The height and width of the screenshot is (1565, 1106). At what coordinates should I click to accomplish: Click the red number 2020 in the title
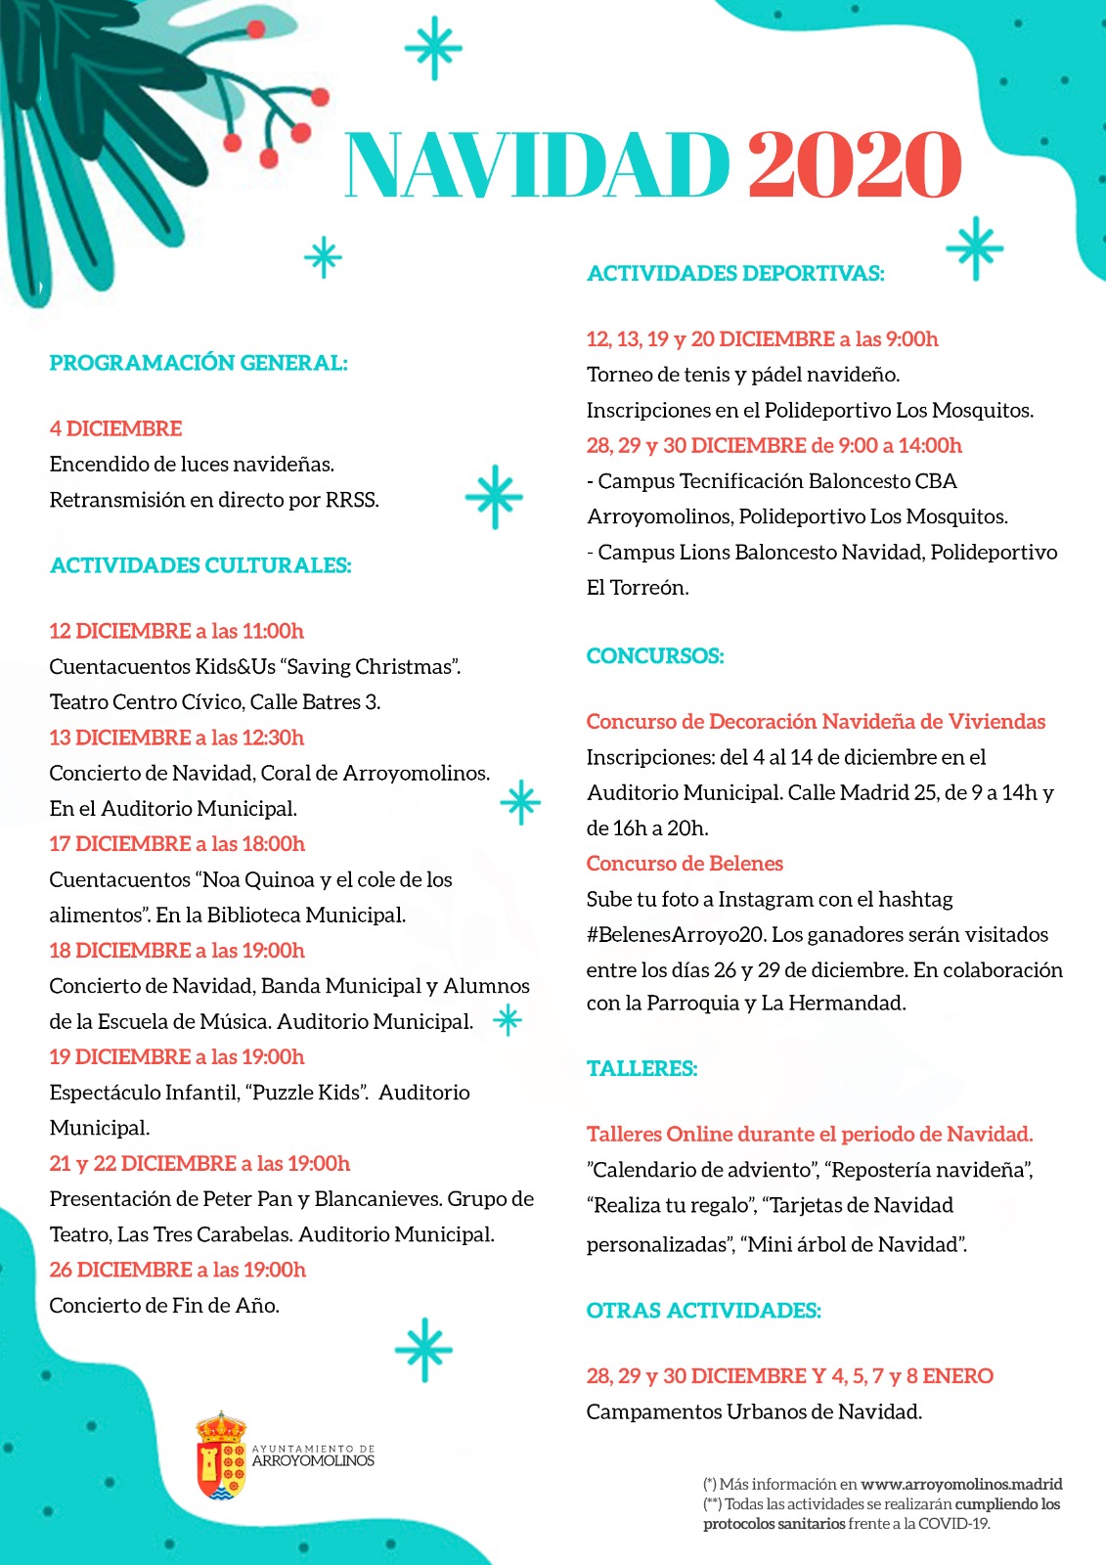point(855,163)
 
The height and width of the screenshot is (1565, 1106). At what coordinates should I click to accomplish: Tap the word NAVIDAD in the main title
point(537,165)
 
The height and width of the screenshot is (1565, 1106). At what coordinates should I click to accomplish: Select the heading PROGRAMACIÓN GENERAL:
point(199,363)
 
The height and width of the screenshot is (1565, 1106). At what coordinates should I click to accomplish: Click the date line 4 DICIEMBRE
point(115,428)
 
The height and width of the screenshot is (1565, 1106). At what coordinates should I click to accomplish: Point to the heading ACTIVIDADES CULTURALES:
point(200,565)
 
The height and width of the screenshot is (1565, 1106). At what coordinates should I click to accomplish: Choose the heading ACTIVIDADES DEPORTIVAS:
point(735,273)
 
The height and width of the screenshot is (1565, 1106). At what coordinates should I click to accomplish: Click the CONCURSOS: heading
point(655,655)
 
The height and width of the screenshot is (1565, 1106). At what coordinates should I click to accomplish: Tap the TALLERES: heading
point(641,1068)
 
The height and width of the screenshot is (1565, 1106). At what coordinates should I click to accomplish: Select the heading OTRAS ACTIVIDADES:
point(703,1310)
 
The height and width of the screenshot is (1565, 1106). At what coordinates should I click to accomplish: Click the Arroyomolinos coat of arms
point(221,1455)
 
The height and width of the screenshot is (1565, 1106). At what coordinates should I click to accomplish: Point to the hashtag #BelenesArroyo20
point(676,935)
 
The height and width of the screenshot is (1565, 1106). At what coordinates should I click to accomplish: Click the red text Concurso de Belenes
point(685,864)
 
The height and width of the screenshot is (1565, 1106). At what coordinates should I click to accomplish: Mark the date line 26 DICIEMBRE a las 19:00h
point(177,1270)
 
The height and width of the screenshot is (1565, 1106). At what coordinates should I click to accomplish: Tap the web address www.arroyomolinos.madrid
point(961,1484)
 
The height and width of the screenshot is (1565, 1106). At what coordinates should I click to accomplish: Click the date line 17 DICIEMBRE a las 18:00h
point(177,844)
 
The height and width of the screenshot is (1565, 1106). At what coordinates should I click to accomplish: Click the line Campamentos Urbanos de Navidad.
point(754,1411)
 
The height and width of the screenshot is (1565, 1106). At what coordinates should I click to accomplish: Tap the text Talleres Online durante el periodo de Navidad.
point(810,1135)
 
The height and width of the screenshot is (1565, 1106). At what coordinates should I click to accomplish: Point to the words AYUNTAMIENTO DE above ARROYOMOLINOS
point(313,1449)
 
